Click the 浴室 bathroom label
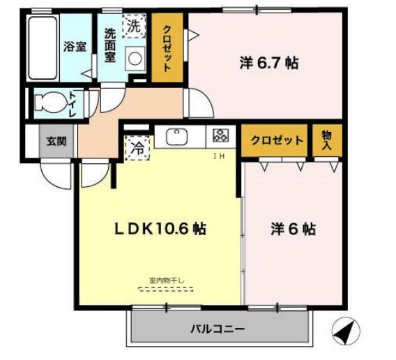tap(75, 47)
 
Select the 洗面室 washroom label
tap(110, 45)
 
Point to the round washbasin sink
tap(135, 59)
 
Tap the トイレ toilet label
tap(73, 104)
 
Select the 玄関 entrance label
tap(56, 140)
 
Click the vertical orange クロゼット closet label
tap(167, 48)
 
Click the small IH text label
tap(217, 156)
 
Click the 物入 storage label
tap(326, 140)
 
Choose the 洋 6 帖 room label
tap(293, 229)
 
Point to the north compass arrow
tap(346, 332)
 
